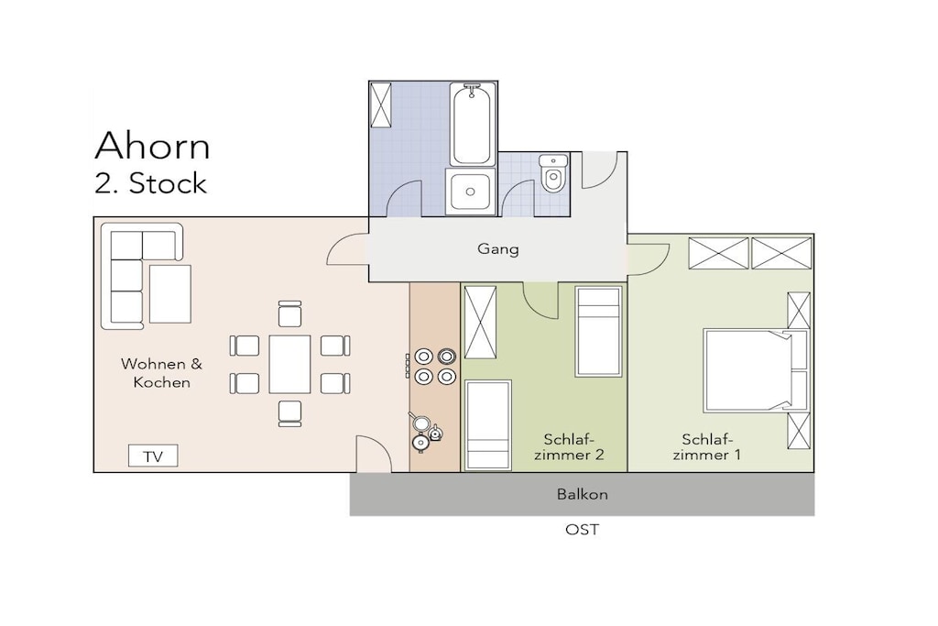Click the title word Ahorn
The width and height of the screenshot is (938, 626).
click(x=153, y=146)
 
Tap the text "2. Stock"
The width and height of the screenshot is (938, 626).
click(x=150, y=183)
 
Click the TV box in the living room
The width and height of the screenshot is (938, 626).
click(x=153, y=456)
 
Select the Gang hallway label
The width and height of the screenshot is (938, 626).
click(x=497, y=249)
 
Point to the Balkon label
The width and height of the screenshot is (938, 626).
click(x=582, y=494)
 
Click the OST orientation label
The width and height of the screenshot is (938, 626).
click(x=582, y=530)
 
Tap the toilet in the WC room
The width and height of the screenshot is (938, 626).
click(x=554, y=173)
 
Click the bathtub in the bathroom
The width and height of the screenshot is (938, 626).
click(x=472, y=124)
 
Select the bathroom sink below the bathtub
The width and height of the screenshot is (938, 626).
click(x=470, y=192)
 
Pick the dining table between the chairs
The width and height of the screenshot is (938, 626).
click(x=289, y=365)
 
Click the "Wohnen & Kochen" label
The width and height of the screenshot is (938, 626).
click(x=161, y=373)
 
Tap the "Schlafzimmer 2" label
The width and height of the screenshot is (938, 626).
click(x=569, y=447)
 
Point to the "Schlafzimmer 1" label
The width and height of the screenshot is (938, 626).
click(x=706, y=447)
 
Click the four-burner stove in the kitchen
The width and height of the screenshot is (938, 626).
click(x=435, y=367)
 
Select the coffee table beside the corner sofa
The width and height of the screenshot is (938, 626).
click(x=169, y=294)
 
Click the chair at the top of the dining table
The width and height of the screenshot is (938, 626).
click(x=290, y=313)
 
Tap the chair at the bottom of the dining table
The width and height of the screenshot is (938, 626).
click(x=290, y=413)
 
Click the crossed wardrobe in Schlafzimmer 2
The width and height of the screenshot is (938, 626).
click(x=480, y=323)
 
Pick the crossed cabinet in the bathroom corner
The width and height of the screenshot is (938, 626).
click(x=380, y=105)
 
